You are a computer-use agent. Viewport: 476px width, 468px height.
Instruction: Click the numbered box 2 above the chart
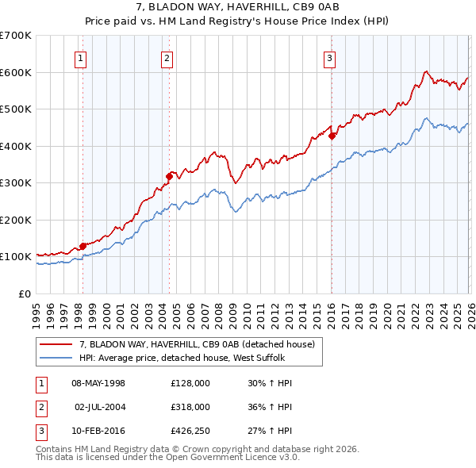(167, 57)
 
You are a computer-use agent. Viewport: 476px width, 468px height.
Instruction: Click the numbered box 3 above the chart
(329, 57)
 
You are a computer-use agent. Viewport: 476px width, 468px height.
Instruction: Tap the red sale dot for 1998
(83, 246)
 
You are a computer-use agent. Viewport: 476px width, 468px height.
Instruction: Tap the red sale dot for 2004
(169, 176)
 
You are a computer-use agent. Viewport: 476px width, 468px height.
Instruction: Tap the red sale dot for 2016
(332, 136)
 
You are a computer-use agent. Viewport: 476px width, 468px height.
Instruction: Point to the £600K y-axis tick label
(16, 72)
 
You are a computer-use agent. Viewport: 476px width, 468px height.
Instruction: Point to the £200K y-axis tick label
(16, 220)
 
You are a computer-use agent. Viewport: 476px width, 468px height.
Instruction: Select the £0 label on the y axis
(25, 293)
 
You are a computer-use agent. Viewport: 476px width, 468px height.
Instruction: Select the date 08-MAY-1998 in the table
(98, 383)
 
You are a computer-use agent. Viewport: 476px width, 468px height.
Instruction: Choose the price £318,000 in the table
(190, 406)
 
